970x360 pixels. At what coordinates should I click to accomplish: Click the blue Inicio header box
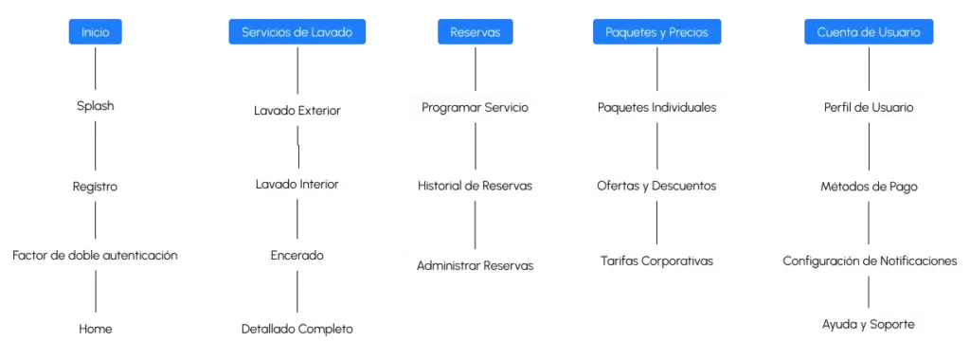(x=96, y=32)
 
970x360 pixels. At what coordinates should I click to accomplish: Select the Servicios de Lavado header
(x=296, y=32)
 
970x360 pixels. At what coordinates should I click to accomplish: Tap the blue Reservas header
(x=475, y=32)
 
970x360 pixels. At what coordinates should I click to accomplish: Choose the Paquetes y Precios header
(x=656, y=32)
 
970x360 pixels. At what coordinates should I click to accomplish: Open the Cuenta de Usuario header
(x=868, y=32)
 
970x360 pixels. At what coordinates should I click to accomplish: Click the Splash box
(x=96, y=106)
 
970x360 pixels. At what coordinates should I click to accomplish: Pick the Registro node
(x=96, y=187)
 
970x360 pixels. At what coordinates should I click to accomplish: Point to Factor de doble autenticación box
(x=96, y=255)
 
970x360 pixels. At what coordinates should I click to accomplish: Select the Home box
(x=96, y=329)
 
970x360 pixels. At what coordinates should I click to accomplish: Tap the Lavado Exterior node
(x=296, y=112)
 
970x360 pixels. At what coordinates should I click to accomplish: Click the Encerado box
(x=296, y=255)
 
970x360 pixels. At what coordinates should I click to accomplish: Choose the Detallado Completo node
(x=296, y=329)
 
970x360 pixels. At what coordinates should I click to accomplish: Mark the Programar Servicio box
(x=475, y=107)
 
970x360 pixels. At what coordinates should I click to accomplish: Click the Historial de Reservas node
(x=475, y=186)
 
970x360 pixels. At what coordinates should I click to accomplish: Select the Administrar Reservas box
(x=475, y=265)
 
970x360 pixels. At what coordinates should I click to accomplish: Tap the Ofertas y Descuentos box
(x=656, y=186)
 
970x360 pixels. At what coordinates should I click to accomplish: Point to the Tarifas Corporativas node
(x=656, y=261)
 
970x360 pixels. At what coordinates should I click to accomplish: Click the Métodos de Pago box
(x=868, y=187)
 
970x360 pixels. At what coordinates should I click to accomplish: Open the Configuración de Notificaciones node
(x=868, y=261)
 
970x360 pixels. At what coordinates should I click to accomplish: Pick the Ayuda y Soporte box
(x=868, y=325)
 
